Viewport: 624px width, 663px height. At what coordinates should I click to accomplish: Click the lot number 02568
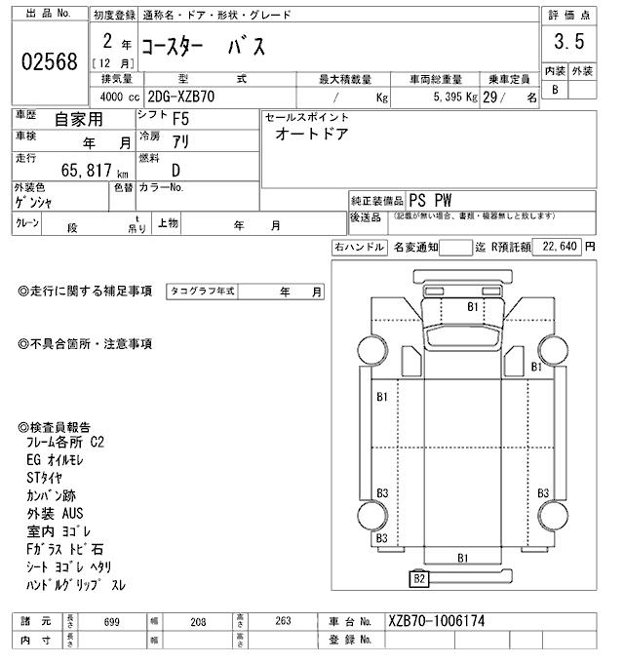pyautogui.click(x=49, y=61)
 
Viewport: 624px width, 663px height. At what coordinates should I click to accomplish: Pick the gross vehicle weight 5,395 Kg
pyautogui.click(x=449, y=97)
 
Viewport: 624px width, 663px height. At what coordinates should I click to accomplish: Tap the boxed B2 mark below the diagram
pyautogui.click(x=420, y=579)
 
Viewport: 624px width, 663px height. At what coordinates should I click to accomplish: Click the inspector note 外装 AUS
pyautogui.click(x=55, y=512)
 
